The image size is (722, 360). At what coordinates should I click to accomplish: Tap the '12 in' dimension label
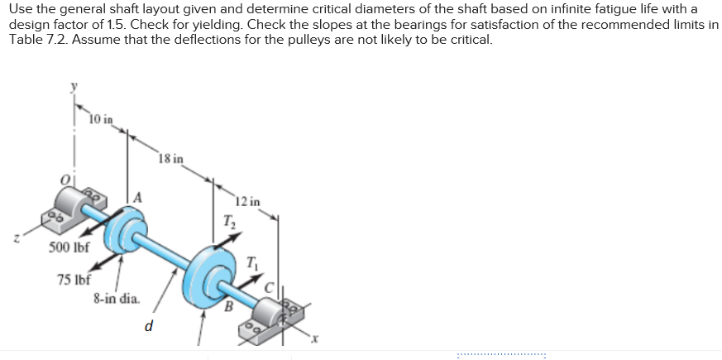tap(246, 201)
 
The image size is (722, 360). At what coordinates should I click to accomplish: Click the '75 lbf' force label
tap(74, 279)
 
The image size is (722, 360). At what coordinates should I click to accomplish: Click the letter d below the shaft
tap(149, 325)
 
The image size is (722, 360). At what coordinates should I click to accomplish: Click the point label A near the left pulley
tap(138, 196)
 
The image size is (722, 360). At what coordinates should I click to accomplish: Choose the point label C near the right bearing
tap(270, 286)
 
